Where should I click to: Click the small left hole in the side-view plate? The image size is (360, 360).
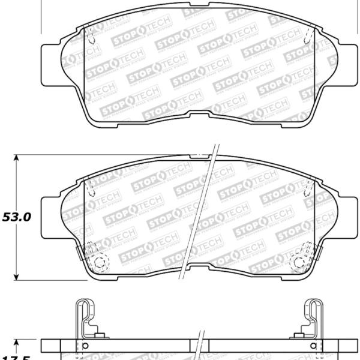point(85,346)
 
